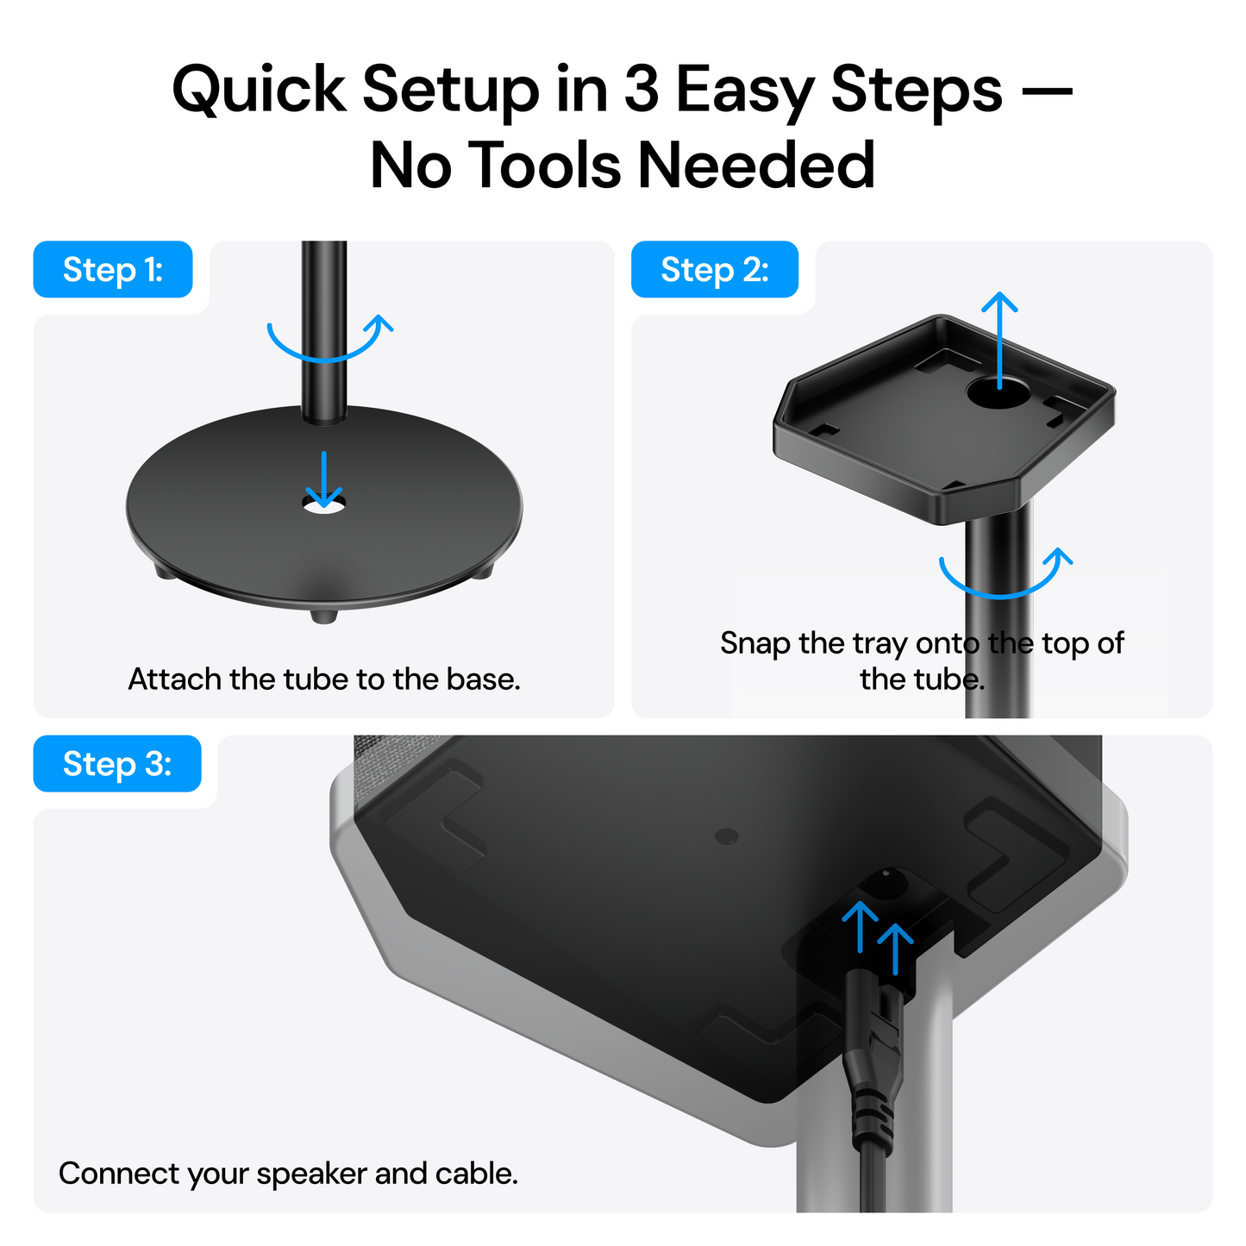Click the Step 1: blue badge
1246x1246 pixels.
pos(112,270)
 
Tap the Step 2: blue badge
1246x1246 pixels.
pos(714,270)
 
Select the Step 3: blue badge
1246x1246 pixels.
pos(116,764)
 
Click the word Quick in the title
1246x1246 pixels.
pos(259,89)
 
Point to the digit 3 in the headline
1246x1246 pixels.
pos(641,89)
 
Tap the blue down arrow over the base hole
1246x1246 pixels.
pos(324,479)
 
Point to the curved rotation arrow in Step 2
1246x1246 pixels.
pos(1005,576)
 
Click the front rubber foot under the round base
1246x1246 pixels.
pos(324,616)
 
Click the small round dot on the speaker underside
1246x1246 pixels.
pos(727,836)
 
